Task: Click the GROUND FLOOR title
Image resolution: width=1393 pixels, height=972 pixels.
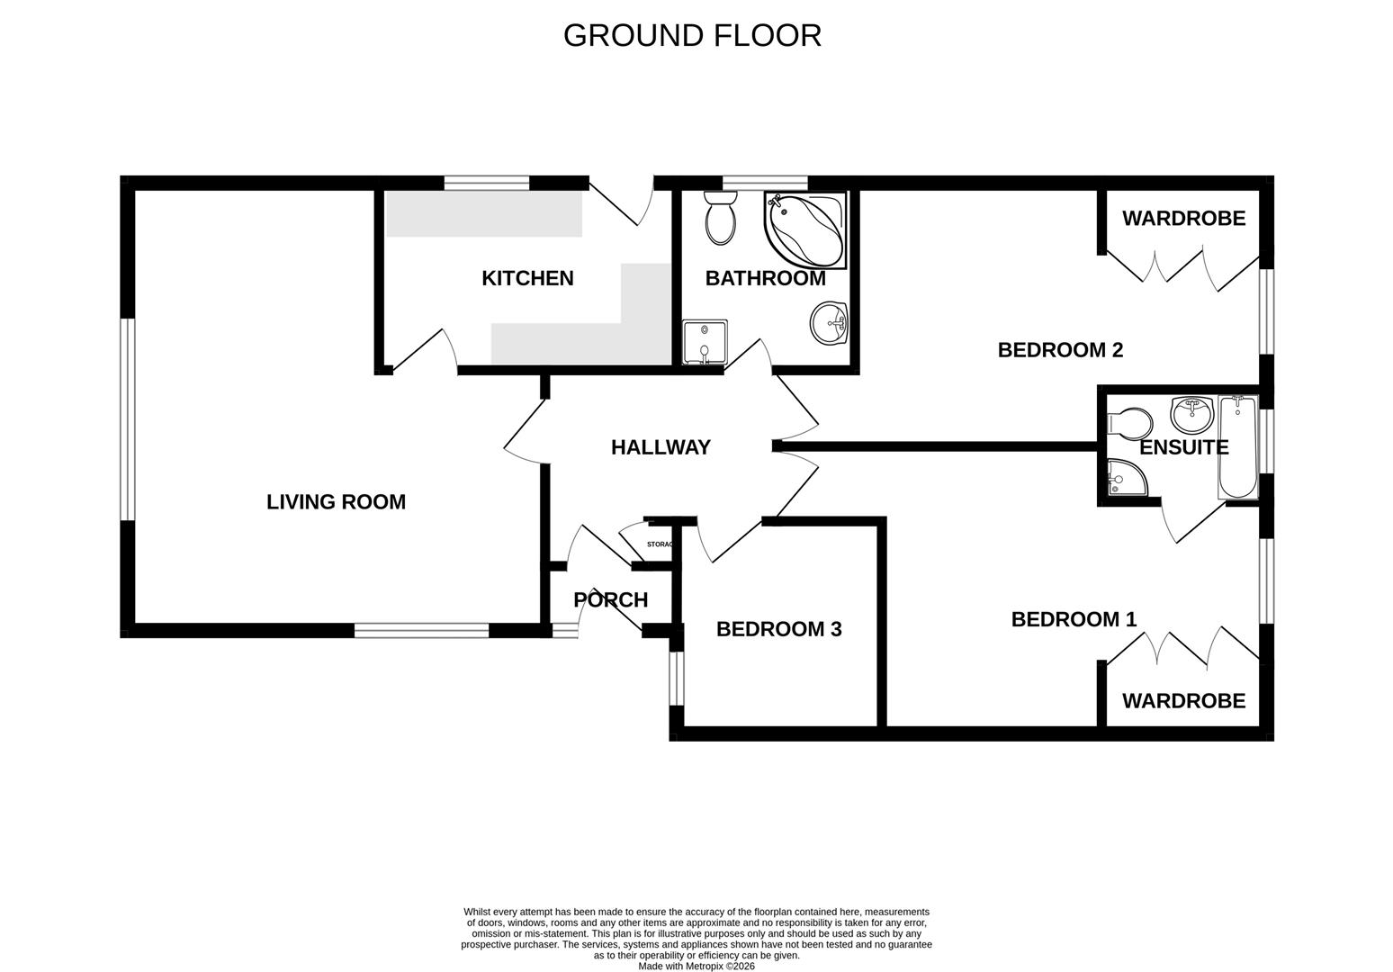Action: (692, 35)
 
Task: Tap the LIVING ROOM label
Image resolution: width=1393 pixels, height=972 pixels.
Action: (336, 502)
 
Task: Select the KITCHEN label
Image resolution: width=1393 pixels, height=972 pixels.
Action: (527, 278)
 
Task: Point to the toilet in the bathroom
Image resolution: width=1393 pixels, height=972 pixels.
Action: (720, 219)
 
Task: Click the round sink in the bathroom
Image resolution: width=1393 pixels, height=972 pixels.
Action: (829, 322)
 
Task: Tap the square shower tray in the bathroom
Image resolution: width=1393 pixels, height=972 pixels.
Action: (704, 343)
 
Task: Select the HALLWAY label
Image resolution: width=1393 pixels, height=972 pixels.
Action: (661, 447)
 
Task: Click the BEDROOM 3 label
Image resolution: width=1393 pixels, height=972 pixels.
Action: (778, 629)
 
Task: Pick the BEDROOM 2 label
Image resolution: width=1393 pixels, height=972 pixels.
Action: (1060, 350)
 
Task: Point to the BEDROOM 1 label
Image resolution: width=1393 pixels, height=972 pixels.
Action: (1074, 619)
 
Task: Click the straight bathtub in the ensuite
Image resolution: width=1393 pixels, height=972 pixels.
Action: (1238, 447)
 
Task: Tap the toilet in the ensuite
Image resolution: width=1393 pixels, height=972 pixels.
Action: (1130, 422)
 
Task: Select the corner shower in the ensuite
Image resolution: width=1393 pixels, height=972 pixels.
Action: (1125, 478)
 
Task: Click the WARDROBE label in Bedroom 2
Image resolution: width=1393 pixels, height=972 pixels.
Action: (1183, 218)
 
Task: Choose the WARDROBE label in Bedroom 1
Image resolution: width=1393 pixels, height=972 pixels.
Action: (1183, 700)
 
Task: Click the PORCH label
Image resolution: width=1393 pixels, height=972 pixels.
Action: (610, 599)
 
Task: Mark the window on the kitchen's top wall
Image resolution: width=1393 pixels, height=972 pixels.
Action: (487, 183)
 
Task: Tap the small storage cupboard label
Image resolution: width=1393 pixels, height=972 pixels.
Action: (660, 544)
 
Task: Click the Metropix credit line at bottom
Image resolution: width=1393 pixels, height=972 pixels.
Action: (696, 967)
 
